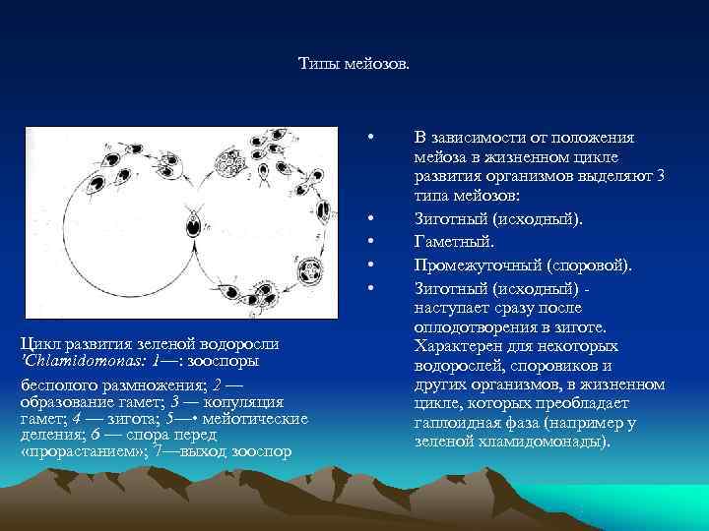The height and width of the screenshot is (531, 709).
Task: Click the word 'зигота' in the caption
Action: click(127, 420)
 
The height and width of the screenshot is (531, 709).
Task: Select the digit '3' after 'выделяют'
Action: click(661, 175)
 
